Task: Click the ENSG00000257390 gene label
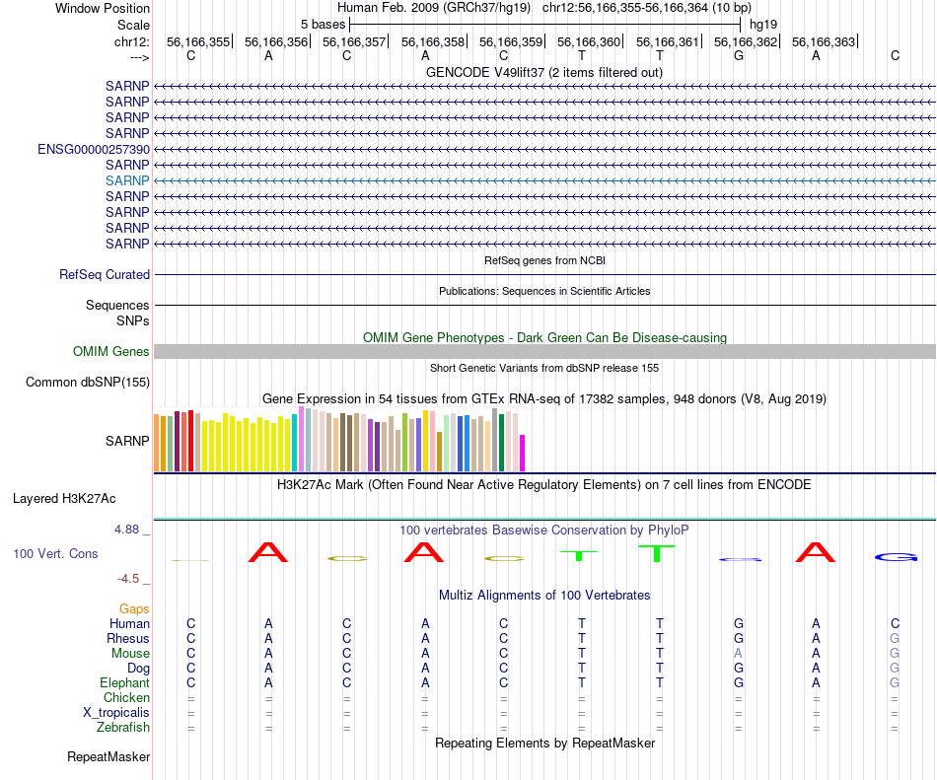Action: pyautogui.click(x=94, y=149)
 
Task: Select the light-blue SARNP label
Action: pyautogui.click(x=127, y=180)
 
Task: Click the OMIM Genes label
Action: pyautogui.click(x=111, y=352)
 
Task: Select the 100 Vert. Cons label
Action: pyautogui.click(x=55, y=554)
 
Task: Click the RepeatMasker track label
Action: pyautogui.click(x=108, y=757)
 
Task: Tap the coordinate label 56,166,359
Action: pyautogui.click(x=511, y=42)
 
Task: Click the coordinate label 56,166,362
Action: pyautogui.click(x=746, y=42)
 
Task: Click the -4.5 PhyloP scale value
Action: pyautogui.click(x=132, y=579)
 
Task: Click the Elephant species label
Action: pyautogui.click(x=124, y=683)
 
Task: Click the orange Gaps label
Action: pyautogui.click(x=134, y=609)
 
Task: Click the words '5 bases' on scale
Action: pyautogui.click(x=323, y=24)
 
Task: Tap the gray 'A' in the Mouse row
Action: pyautogui.click(x=738, y=654)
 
